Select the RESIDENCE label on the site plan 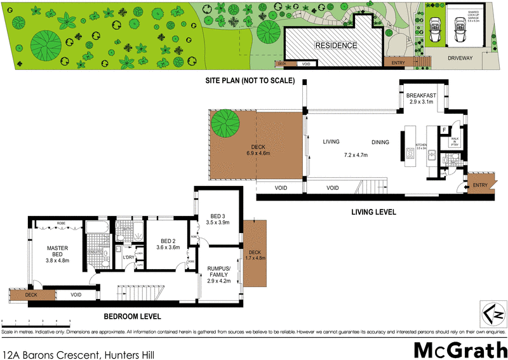336,46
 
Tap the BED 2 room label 168,241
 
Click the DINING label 382,142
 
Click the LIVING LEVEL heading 375,213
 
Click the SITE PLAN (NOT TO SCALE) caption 250,81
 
